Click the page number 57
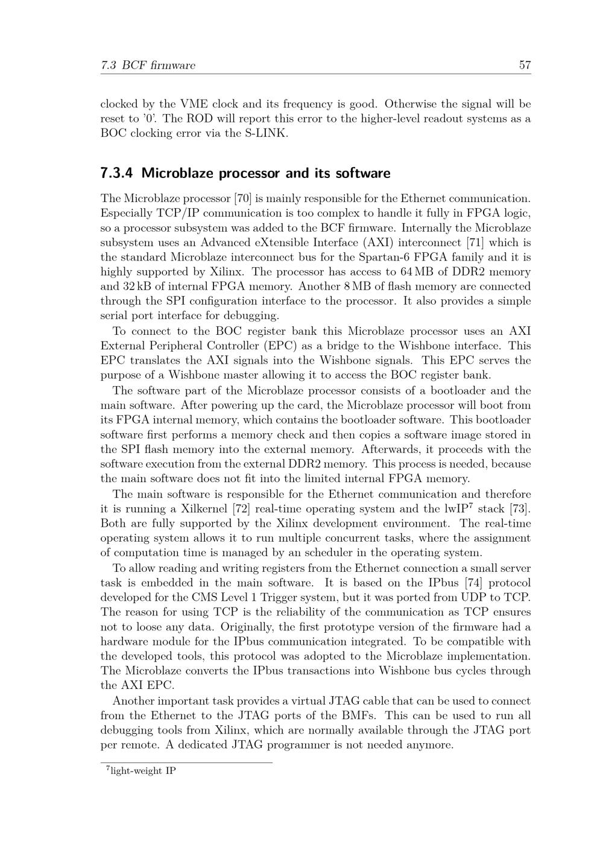525,65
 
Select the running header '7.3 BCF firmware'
148,65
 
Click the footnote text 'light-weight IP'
143,771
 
